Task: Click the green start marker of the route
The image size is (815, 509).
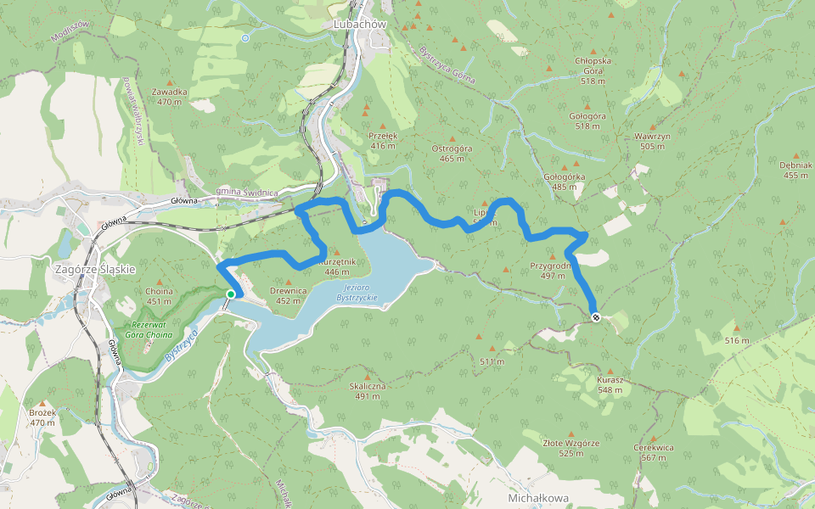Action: (x=230, y=294)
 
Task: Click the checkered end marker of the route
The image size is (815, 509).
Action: (x=596, y=317)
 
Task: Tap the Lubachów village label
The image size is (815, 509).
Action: (x=361, y=25)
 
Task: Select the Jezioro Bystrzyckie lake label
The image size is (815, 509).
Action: (x=356, y=293)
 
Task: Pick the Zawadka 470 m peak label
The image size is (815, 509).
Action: (x=170, y=97)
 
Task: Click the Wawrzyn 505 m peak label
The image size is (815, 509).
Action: (x=653, y=141)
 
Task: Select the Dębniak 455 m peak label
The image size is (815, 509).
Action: (x=795, y=171)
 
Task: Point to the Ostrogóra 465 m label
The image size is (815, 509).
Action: (x=452, y=153)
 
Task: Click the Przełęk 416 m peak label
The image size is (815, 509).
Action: (x=384, y=140)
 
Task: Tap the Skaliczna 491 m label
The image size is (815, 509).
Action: (x=368, y=390)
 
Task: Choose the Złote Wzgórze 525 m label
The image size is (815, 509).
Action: (x=571, y=448)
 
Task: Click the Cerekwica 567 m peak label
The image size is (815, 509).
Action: (x=654, y=452)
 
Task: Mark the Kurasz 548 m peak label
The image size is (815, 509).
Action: (x=610, y=384)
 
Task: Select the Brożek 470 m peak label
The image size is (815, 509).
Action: (x=42, y=417)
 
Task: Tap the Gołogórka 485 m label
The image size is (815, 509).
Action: (x=564, y=182)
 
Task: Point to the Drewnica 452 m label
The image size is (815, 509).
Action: (x=288, y=295)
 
